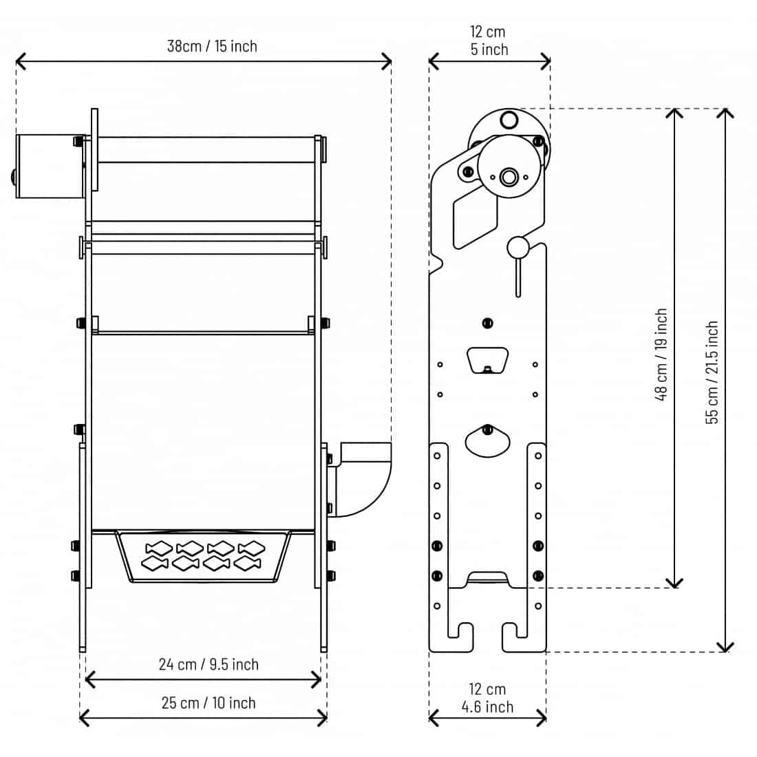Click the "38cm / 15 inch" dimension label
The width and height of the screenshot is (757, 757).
tap(212, 46)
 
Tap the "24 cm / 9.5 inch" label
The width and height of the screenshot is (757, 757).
tap(209, 664)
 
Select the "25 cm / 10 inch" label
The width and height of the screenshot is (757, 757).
tap(209, 703)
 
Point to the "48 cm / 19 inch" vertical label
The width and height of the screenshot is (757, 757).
tap(661, 355)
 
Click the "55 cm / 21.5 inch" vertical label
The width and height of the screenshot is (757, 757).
tap(712, 372)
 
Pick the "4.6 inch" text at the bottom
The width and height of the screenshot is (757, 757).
tap(487, 707)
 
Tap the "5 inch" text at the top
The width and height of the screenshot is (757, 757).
tap(489, 50)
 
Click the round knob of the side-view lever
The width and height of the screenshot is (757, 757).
tap(518, 248)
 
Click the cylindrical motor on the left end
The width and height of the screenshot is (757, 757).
tap(50, 166)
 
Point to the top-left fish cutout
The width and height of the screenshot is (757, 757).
tap(159, 548)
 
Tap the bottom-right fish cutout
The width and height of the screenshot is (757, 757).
tap(248, 563)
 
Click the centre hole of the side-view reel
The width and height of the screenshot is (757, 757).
tap(509, 177)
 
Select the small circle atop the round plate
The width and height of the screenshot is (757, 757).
tap(509, 120)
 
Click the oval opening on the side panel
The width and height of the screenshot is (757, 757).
tap(488, 441)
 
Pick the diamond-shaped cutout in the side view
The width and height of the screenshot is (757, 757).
tap(475, 218)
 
